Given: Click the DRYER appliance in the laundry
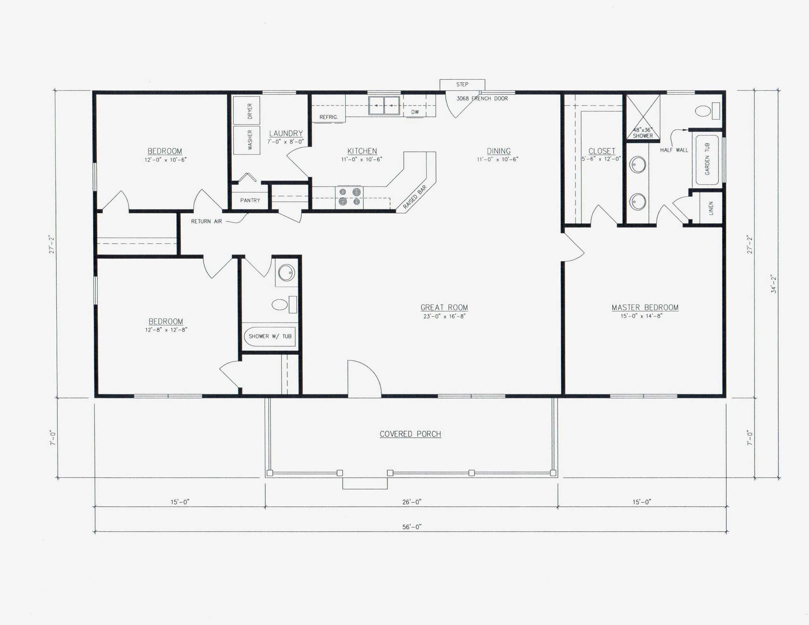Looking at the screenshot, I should (x=247, y=110).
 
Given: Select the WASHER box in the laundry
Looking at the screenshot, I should (x=247, y=140).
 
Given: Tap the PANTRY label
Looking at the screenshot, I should (x=250, y=200).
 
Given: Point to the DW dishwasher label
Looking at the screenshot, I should (x=415, y=112).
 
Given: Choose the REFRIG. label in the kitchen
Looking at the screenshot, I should (x=329, y=117).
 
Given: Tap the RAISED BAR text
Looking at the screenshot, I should (x=415, y=197).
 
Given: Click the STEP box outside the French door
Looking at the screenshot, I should (x=462, y=84).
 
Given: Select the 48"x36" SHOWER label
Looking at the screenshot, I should (x=643, y=133).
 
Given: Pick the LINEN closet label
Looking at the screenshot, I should (x=711, y=208).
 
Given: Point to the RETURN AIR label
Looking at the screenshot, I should (x=206, y=221).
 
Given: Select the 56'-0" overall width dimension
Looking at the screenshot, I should (x=411, y=527).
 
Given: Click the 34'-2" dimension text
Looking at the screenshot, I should (x=773, y=284).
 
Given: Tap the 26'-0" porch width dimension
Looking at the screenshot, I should (x=411, y=502).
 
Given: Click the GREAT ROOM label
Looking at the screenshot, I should (x=444, y=307).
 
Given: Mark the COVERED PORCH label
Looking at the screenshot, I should (x=410, y=434).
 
